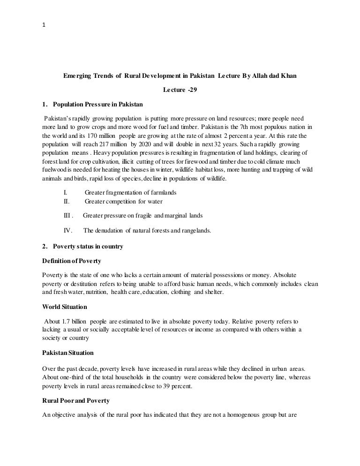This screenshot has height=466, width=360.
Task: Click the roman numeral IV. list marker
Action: pos(67,230)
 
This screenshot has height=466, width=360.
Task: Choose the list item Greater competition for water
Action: pos(123,202)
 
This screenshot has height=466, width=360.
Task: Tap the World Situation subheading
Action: pos(64,307)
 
